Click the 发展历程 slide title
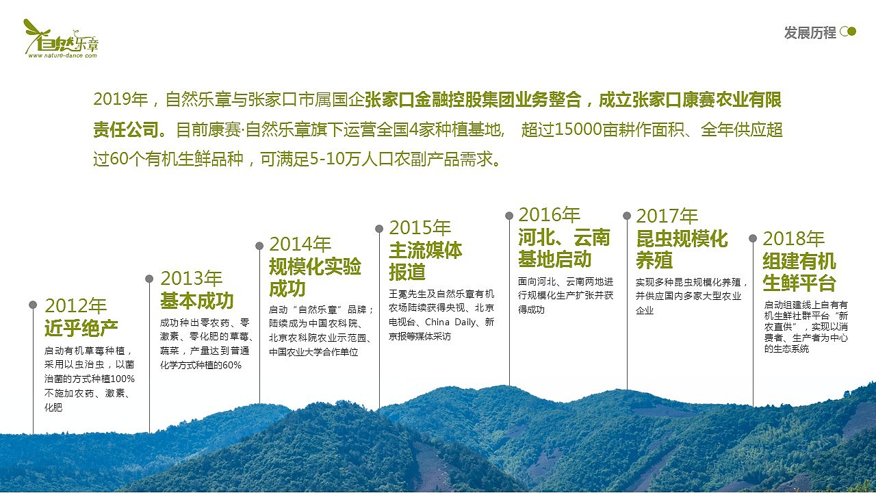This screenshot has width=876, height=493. tap(810, 32)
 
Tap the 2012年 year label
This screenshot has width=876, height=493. tap(76, 306)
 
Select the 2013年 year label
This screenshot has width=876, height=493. tap(192, 279)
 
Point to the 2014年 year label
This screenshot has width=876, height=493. tap(300, 244)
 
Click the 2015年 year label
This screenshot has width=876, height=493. tap(420, 228)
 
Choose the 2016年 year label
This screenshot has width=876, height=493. tap(549, 215)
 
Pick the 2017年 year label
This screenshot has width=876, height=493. tap(667, 216)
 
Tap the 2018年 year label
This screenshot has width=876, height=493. tap(794, 238)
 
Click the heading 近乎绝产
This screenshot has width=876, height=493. tap(81, 329)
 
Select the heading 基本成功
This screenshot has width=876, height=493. tap(197, 301)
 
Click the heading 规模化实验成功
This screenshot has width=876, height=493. tap(315, 277)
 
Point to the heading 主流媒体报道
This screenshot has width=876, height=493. tap(426, 261)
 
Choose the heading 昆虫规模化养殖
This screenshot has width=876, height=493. tap(682, 249)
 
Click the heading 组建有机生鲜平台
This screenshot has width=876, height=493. tap(799, 272)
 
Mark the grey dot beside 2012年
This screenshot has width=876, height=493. tap(33, 305)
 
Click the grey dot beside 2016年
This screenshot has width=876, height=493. tap(509, 216)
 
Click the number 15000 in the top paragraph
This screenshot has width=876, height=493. tap(579, 130)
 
